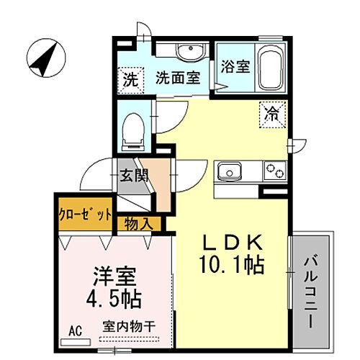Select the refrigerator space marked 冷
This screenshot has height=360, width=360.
[272, 113]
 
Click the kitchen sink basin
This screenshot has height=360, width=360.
[231, 171]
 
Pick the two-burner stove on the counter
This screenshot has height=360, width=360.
[274, 171]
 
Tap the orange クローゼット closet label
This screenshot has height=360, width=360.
[85, 215]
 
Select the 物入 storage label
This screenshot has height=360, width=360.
[138, 223]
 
